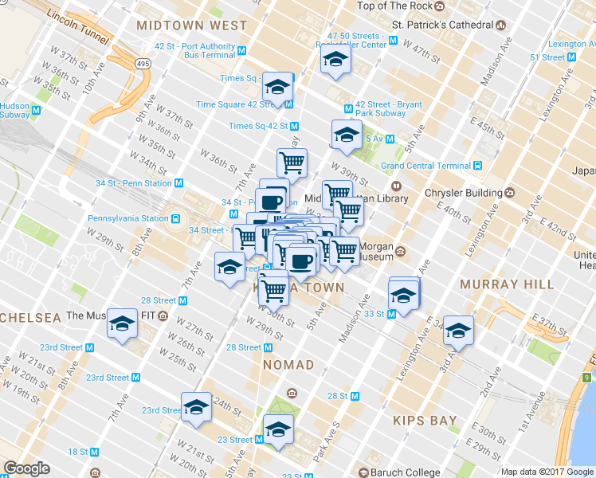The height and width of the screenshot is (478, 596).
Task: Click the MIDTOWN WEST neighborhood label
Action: (x=192, y=26)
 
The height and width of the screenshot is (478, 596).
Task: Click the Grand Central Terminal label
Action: (x=425, y=166)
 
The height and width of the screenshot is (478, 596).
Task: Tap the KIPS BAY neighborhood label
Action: (x=425, y=420)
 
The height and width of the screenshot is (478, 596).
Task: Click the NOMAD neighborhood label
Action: (x=288, y=365)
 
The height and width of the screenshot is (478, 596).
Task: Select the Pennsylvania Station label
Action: (x=127, y=218)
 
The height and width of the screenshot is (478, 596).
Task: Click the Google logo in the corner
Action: (x=26, y=469)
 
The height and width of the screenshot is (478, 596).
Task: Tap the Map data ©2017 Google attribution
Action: (x=547, y=472)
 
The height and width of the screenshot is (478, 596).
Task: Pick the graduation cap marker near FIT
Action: (x=122, y=323)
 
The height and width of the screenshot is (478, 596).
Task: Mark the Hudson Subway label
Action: (x=15, y=110)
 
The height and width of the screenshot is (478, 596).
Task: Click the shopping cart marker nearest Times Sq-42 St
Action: (x=292, y=163)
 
